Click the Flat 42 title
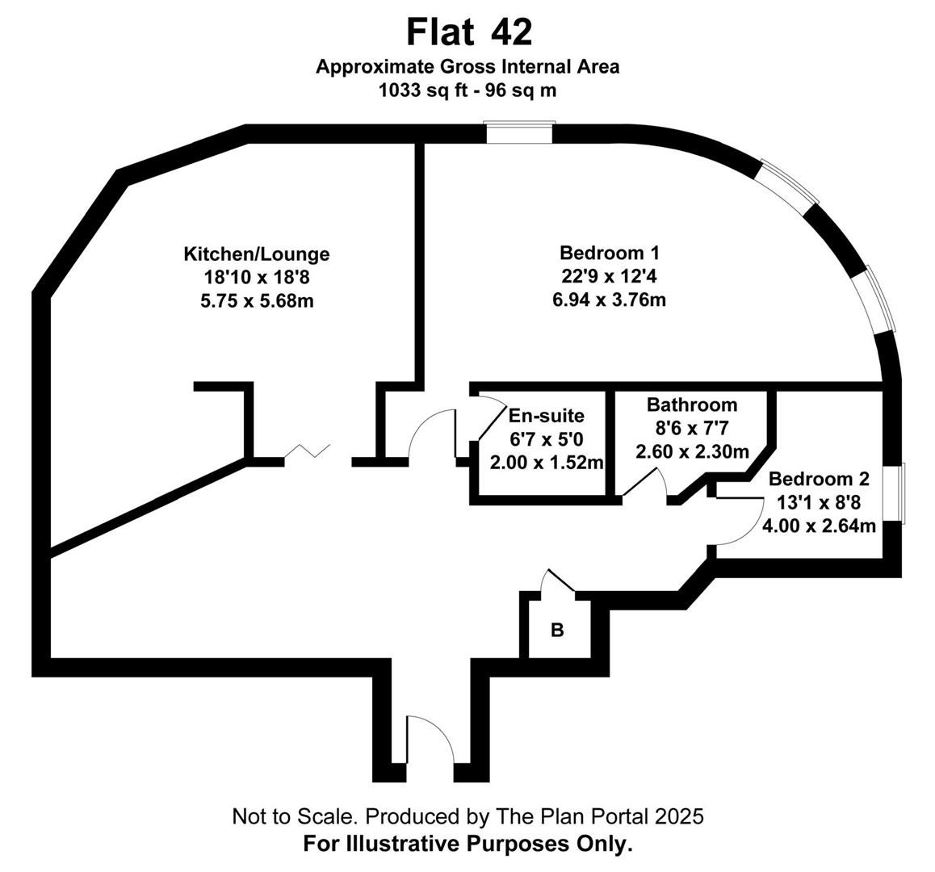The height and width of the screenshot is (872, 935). tap(468, 33)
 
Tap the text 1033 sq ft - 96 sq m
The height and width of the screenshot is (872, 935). tap(467, 90)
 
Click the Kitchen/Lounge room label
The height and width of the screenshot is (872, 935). tap(257, 254)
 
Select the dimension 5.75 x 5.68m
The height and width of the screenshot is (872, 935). tap(257, 301)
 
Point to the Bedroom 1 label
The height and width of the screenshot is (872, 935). tap(609, 252)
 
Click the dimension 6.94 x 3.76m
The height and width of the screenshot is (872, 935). tap(609, 300)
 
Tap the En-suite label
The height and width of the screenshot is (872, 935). tap(546, 417)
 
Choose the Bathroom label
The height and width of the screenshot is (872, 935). tap(692, 405)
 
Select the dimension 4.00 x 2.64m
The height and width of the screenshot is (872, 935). tap(819, 526)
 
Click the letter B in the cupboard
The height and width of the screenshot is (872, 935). tap(556, 631)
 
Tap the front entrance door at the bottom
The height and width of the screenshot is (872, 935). tap(430, 739)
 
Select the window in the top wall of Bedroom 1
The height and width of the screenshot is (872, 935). tap(520, 133)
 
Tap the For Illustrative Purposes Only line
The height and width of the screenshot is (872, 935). tap(467, 845)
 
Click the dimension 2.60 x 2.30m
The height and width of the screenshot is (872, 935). tap(692, 452)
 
